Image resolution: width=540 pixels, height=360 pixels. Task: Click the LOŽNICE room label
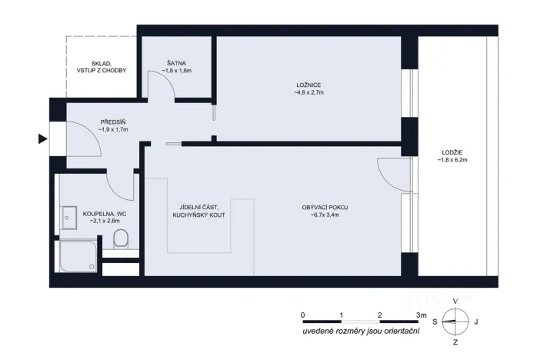click(x=308, y=84)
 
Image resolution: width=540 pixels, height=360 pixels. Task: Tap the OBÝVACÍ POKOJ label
click(x=325, y=206)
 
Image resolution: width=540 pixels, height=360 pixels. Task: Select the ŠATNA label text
click(x=176, y=63)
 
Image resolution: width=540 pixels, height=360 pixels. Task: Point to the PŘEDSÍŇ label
click(x=114, y=122)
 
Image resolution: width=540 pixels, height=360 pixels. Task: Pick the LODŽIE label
click(x=452, y=152)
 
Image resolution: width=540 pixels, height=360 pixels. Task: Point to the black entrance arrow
click(x=42, y=139)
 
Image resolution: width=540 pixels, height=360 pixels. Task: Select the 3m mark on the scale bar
click(x=420, y=315)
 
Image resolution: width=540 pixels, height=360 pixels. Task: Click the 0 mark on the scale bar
click(x=303, y=315)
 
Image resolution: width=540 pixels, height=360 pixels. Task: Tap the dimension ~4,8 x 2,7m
click(x=308, y=92)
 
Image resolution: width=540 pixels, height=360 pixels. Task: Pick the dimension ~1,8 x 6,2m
click(x=452, y=161)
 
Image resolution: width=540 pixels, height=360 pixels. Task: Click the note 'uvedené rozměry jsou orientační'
click(x=361, y=332)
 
